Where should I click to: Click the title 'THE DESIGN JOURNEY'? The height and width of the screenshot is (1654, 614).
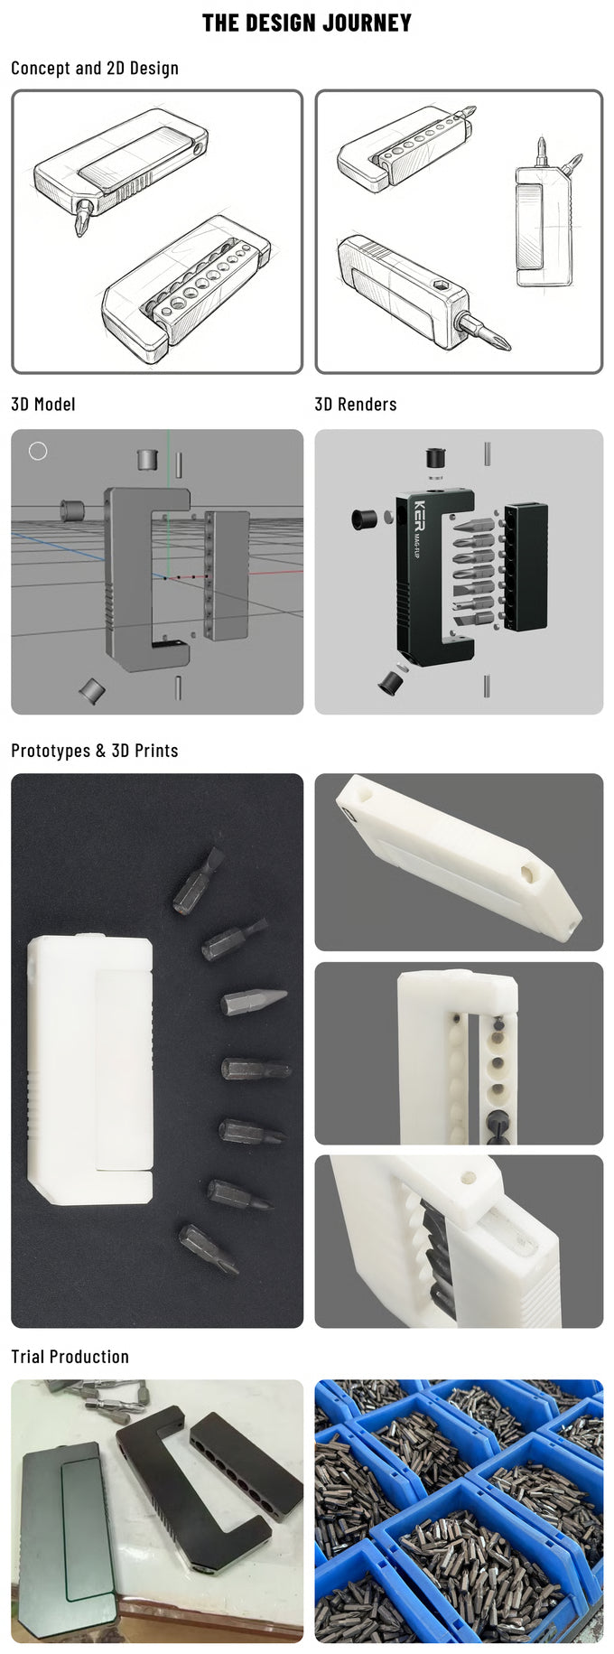coord(306,23)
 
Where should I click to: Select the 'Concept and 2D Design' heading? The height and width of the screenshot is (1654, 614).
coord(95,68)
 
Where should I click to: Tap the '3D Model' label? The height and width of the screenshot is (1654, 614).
coord(43,404)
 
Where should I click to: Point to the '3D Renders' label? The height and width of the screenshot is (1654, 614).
coord(356,404)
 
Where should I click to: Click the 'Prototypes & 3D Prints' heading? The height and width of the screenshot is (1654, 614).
coord(95,751)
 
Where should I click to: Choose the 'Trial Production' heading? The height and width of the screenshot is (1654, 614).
coord(70,1357)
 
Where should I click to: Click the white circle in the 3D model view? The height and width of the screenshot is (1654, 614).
coord(38,450)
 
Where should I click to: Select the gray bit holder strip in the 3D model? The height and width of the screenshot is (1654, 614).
coord(227,575)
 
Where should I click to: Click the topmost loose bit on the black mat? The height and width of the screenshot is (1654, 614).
coord(199,880)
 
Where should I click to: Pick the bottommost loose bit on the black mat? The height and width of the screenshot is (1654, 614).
coord(209,1248)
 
